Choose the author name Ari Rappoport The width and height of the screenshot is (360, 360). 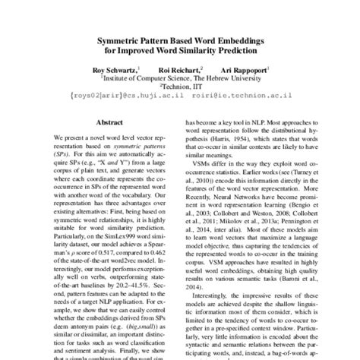point(243,68)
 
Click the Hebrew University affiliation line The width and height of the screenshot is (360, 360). point(179,77)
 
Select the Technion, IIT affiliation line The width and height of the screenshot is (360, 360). point(180,86)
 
